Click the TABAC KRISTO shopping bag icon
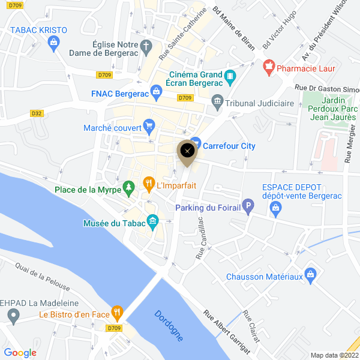(x=55, y=42)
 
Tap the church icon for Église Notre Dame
(x=146, y=45)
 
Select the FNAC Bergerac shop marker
(x=157, y=91)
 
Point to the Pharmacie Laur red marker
(x=269, y=65)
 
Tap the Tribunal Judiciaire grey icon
(x=217, y=103)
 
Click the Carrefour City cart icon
(x=195, y=145)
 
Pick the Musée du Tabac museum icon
(x=152, y=221)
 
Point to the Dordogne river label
(x=169, y=326)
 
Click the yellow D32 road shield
(x=37, y=113)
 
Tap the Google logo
(x=20, y=353)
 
